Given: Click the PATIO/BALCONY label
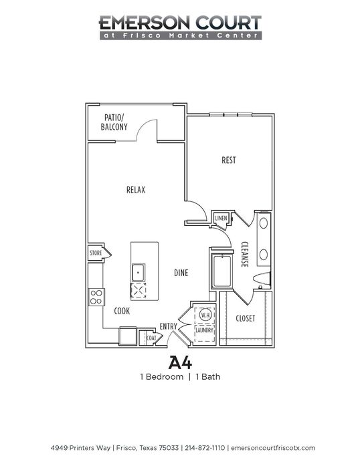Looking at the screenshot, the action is (114, 122).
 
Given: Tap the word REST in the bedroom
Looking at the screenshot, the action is (228, 160).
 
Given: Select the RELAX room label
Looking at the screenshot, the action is (136, 190).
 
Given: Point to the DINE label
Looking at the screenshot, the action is (181, 273).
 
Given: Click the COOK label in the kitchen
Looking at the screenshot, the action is (122, 311).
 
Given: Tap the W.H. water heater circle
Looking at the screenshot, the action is (205, 315).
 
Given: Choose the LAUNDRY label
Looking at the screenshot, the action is (204, 330).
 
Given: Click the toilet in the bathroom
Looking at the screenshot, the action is (262, 279).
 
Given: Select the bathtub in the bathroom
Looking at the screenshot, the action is (221, 271).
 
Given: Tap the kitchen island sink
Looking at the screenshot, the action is (139, 272).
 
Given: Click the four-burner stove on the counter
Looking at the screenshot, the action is (97, 298).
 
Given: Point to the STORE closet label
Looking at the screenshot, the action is (96, 253).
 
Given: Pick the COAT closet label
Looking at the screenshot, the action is (151, 338).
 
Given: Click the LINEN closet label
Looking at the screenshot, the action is (221, 218).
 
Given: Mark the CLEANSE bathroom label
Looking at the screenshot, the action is (245, 254).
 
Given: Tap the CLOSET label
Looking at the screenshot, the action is (246, 319).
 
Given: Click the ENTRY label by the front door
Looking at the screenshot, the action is (169, 326).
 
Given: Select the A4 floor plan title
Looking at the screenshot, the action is (180, 362).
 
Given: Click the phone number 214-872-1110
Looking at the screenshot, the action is (205, 447).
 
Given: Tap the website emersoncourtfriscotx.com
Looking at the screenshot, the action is (273, 447).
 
